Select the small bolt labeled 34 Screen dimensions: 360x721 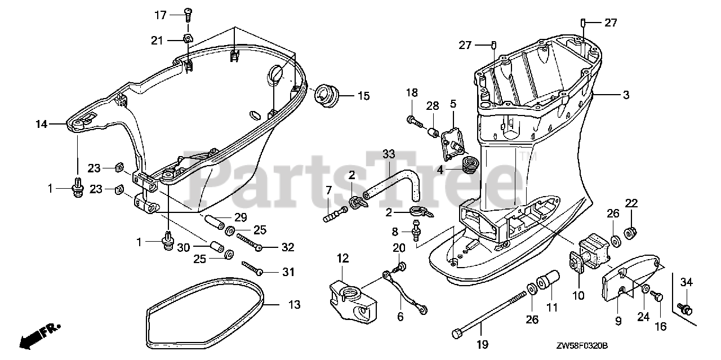point(684,308)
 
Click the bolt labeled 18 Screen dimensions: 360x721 point(413,119)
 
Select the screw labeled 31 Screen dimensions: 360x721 point(252,268)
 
